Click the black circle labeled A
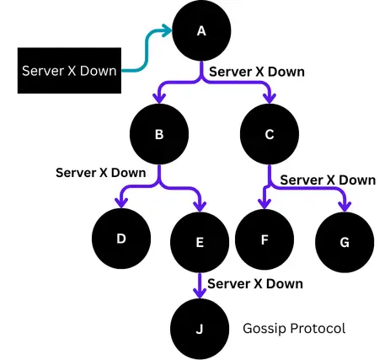pyautogui.click(x=201, y=32)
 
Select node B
pyautogui.click(x=159, y=132)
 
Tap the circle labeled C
pyautogui.click(x=270, y=132)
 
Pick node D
pyautogui.click(x=121, y=239)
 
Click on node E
pyautogui.click(x=200, y=243)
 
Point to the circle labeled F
pyautogui.click(x=264, y=239)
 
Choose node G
pyautogui.click(x=344, y=242)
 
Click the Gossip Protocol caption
pyautogui.click(x=293, y=327)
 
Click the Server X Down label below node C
pyautogui.click(x=328, y=180)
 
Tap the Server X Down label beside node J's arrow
pyautogui.click(x=254, y=283)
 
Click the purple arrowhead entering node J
pyautogui.click(x=200, y=293)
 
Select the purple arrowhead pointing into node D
pyautogui.click(x=122, y=202)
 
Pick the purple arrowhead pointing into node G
pyautogui.click(x=344, y=207)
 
